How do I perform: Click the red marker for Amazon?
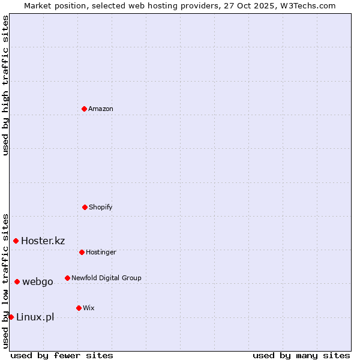84,109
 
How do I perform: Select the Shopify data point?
85,207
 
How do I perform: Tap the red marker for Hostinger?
82,252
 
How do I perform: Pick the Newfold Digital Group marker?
67,278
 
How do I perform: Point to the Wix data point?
79,308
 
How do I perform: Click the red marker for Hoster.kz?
16,241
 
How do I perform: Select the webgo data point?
17,281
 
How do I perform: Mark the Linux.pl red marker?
11,317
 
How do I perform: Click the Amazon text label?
101,109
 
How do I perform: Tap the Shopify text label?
101,207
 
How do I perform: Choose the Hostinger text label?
101,252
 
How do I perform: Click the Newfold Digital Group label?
106,278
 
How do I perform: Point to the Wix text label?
89,308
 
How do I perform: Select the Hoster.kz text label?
43,241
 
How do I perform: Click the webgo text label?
37,281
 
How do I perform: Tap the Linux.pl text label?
35,317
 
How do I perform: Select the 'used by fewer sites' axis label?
62,355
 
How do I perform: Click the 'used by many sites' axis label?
301,355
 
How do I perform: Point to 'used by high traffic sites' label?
5,85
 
